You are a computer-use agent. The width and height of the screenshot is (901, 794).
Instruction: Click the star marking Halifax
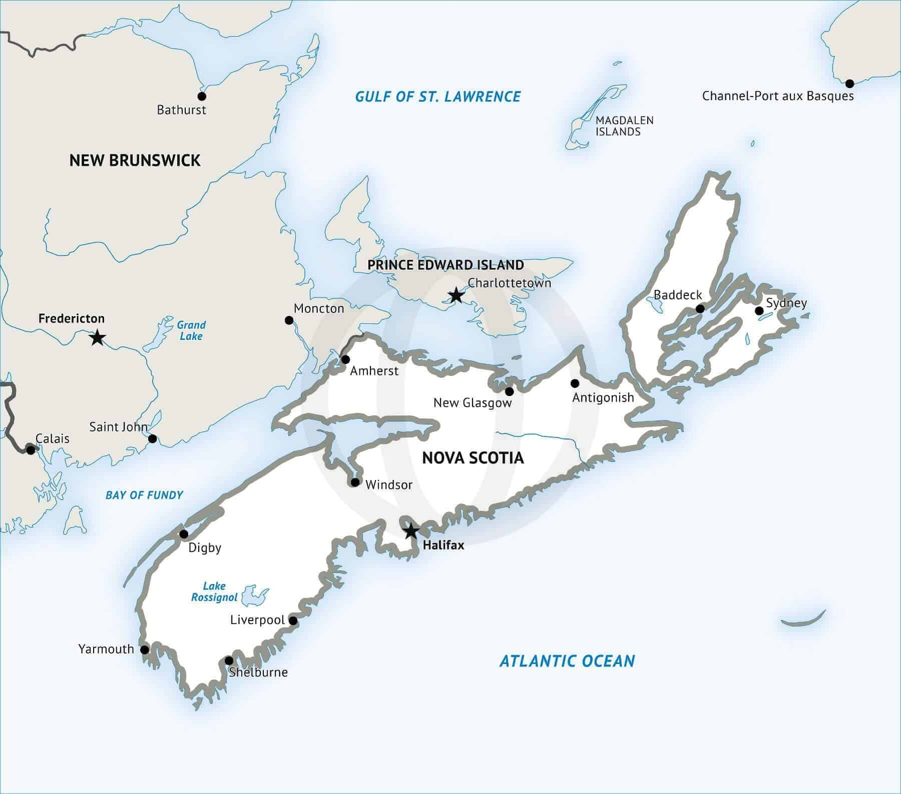click(x=410, y=531)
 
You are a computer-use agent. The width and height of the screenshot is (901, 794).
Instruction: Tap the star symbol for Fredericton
click(x=97, y=337)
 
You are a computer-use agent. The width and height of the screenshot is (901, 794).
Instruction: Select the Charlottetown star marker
click(x=456, y=295)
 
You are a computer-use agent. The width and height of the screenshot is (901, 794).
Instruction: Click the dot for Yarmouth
click(x=144, y=650)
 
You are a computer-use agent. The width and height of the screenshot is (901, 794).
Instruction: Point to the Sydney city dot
click(x=759, y=311)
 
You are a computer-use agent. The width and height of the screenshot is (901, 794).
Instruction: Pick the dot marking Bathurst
click(x=202, y=96)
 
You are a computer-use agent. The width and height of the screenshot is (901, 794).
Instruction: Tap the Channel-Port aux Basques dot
click(x=849, y=83)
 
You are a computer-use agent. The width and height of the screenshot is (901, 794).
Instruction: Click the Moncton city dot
click(x=289, y=320)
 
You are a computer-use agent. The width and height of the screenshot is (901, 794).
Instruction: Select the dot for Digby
click(x=184, y=534)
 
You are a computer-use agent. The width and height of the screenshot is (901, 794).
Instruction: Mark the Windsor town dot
click(x=355, y=482)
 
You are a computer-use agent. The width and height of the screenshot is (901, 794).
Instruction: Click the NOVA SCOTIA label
click(x=473, y=457)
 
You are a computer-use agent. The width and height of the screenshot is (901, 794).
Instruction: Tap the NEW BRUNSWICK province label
click(x=135, y=160)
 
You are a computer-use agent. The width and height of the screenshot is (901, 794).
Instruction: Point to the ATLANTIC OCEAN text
click(x=567, y=661)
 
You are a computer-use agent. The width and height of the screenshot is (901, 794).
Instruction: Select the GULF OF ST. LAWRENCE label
click(x=438, y=96)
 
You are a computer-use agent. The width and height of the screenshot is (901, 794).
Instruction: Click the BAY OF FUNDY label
click(x=144, y=495)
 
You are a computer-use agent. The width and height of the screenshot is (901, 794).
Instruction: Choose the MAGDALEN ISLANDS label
click(x=624, y=126)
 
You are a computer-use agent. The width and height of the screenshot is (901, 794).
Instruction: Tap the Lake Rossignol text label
click(x=214, y=591)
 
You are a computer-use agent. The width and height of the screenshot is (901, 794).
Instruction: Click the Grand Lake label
click(x=191, y=330)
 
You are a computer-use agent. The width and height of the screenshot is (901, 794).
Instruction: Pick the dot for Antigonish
click(x=575, y=383)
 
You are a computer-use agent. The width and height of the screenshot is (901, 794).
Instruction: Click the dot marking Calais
click(x=31, y=450)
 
